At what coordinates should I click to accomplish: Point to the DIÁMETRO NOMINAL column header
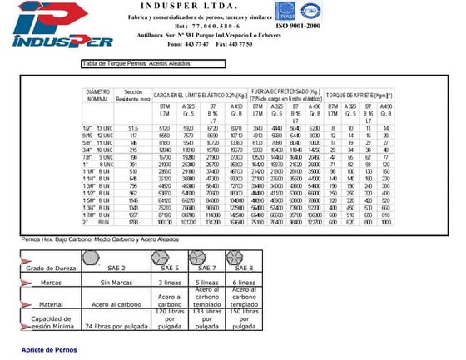[98, 95]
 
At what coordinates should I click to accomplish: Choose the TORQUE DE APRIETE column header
[359, 96]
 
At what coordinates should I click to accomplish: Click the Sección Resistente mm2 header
[134, 95]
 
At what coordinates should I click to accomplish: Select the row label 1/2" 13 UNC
[98, 127]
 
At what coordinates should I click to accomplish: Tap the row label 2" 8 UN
[98, 223]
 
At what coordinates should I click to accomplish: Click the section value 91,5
[133, 127]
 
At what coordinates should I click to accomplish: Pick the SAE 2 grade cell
[117, 268]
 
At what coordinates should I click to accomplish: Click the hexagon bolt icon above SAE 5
[171, 256]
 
